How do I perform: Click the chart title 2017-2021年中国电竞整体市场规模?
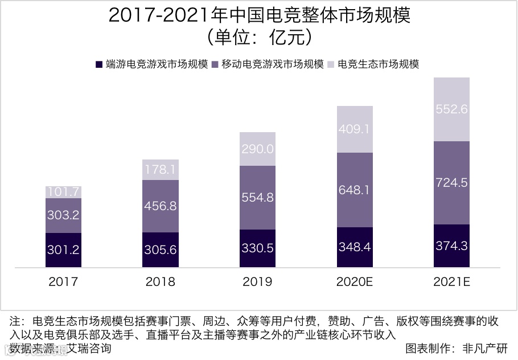coord(259,15)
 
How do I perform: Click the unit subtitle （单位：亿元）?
coord(259,38)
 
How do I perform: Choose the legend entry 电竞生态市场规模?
coord(378,64)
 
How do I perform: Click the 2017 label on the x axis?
coord(63,282)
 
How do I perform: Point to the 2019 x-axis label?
coord(257,282)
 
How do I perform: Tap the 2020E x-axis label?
coord(355,282)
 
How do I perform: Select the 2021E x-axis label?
coord(451,282)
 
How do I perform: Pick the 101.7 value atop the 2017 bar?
coord(63,192)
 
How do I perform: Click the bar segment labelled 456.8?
coord(161,206)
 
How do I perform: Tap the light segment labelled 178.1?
coord(161,170)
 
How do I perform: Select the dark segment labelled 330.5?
coord(257,249)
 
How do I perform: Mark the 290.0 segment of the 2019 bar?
coord(257,149)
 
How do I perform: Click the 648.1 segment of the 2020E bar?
coord(355,190)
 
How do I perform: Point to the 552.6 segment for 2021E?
coord(451,109)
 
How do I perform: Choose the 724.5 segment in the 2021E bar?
coord(451,183)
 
